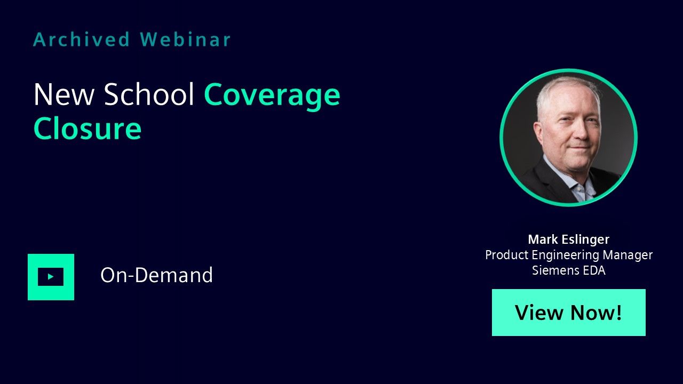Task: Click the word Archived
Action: click(x=82, y=39)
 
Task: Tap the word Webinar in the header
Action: click(x=185, y=39)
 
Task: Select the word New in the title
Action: click(x=63, y=94)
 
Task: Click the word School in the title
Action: click(x=149, y=94)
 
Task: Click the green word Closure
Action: click(x=88, y=128)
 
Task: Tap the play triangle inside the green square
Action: click(x=51, y=277)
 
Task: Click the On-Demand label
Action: click(x=156, y=275)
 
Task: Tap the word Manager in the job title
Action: click(x=628, y=255)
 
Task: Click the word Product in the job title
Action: click(x=507, y=255)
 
